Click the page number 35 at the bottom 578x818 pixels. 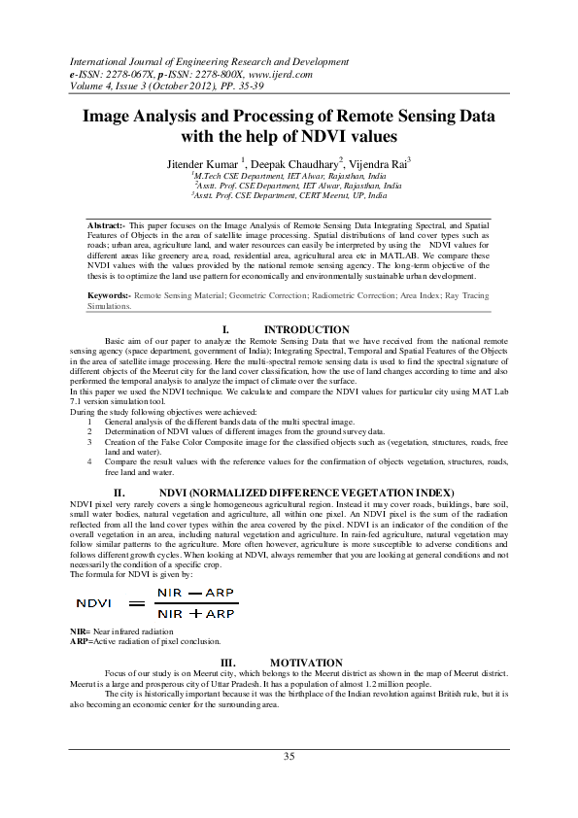pyautogui.click(x=289, y=756)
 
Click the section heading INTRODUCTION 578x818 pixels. pyautogui.click(x=307, y=330)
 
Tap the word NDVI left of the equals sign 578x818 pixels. pyautogui.click(x=95, y=603)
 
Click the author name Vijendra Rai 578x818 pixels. pyautogui.click(x=380, y=164)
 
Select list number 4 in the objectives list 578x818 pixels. pyautogui.click(x=90, y=460)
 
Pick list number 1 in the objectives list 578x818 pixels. pyautogui.click(x=90, y=424)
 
